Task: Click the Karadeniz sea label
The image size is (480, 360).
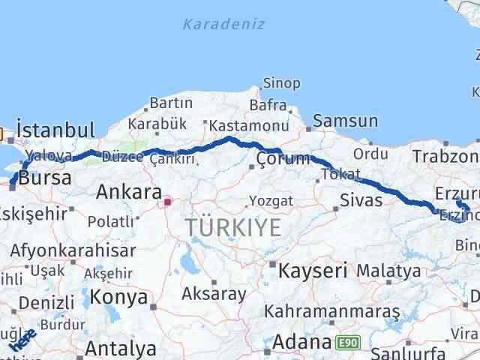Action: [x=223, y=24]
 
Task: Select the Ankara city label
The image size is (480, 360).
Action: [x=129, y=192]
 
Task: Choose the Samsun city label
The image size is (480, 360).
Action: [x=345, y=121]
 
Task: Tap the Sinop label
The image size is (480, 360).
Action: [x=281, y=83]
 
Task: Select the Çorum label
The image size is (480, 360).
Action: [x=282, y=159]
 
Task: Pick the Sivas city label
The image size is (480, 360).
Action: [x=361, y=200]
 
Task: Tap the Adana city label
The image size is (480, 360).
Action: [x=301, y=343]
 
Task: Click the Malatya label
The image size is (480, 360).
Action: [x=388, y=270]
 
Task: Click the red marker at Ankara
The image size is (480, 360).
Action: [x=167, y=201]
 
